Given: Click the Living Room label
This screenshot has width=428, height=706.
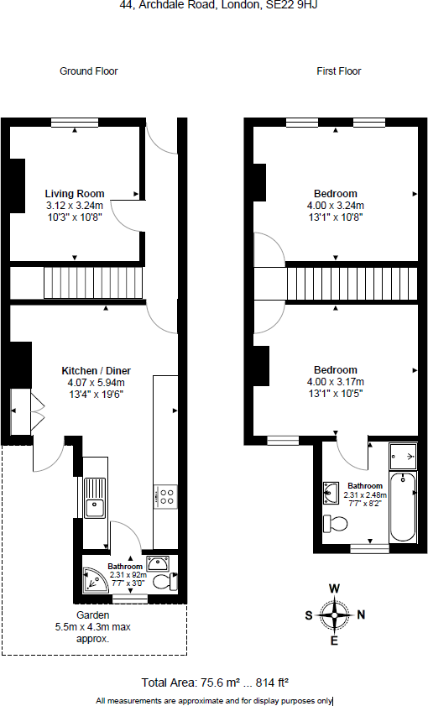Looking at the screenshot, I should coord(75,194).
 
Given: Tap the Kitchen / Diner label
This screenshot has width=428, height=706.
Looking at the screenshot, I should coord(96,370).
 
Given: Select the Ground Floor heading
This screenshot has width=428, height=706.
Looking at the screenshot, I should coord(88,71).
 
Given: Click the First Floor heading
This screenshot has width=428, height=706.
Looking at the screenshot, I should coord(338,71).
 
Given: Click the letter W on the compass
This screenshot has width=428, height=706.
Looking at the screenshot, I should coord(335,588).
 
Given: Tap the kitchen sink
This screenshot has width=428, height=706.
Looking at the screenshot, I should coord(95,507).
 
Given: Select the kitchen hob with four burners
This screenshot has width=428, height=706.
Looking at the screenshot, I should coord(164,497).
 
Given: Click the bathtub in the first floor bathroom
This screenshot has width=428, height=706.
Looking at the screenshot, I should coord(404,507).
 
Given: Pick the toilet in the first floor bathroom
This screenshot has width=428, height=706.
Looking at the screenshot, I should coord(336,525).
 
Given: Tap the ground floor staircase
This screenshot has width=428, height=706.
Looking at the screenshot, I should coord(94,283).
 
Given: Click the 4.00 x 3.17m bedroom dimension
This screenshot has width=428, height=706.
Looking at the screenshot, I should coord(335,382).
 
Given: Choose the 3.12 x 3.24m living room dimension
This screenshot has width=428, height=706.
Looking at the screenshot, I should coord(75,206).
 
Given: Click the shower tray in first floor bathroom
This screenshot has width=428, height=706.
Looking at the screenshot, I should coord(404,457).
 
